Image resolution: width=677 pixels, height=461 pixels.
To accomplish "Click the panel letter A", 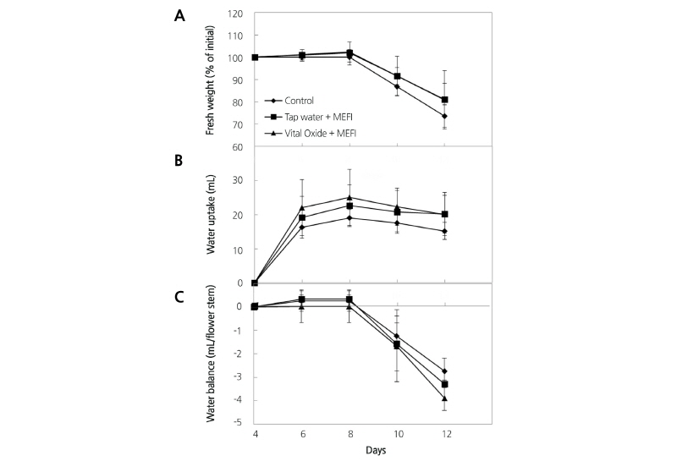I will [x=180, y=18].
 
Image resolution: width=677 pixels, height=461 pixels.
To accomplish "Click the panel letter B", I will [x=180, y=159].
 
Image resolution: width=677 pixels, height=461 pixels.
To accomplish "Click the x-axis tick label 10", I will [x=397, y=435].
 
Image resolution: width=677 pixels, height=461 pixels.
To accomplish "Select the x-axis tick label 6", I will [x=302, y=435].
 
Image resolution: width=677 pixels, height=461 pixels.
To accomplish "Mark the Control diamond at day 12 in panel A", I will [x=444, y=116].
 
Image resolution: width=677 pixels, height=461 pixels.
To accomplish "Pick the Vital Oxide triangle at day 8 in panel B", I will [x=350, y=197].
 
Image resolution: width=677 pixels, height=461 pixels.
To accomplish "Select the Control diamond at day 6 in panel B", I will [x=302, y=227].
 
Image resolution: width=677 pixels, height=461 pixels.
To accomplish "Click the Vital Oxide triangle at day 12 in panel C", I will [x=444, y=398].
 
